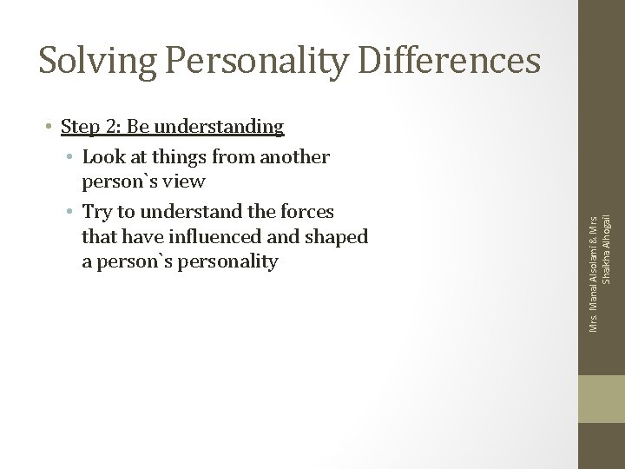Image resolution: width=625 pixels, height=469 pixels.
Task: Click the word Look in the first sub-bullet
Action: click(102, 157)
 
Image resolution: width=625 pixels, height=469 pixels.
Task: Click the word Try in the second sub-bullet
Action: click(97, 212)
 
